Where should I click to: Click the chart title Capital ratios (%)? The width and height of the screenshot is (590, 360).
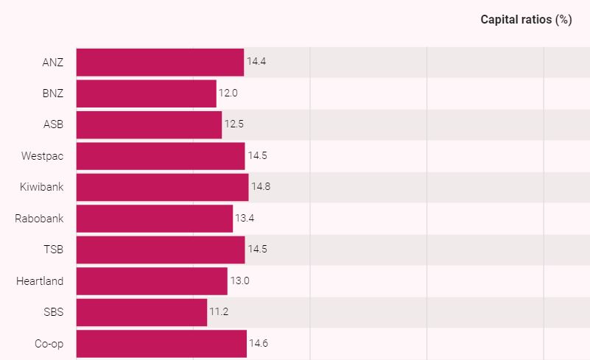pos(526,20)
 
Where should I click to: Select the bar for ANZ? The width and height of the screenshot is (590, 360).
pos(160,62)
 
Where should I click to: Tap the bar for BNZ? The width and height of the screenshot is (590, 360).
pos(146,93)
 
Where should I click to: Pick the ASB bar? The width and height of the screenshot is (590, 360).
pos(149,124)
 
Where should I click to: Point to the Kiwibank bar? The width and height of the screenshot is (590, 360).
pos(162,187)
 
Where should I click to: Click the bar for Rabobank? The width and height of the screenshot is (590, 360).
pos(154,219)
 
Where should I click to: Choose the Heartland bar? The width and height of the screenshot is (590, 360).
pos(152,280)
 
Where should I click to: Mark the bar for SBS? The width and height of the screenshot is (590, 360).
pos(141,312)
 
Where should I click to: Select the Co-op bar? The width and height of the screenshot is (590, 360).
pos(161,343)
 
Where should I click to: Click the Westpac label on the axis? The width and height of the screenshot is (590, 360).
pos(42,156)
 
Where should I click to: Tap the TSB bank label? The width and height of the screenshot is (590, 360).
pos(53,250)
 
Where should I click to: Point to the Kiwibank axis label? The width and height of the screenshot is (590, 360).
pos(41,187)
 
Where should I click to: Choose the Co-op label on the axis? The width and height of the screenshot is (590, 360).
pos(49,343)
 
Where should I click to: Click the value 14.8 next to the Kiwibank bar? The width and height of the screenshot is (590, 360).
pos(261,187)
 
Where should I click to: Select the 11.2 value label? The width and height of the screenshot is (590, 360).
pos(219,312)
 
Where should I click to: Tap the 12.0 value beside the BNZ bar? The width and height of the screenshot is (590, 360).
pos(228,93)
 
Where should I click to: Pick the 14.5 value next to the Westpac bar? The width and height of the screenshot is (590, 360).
pos(257,156)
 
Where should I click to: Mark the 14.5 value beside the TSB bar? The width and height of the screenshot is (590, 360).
pos(257,250)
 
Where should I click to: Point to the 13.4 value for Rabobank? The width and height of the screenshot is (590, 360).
pos(245,219)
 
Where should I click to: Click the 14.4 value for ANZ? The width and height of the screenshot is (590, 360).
pos(256,62)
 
